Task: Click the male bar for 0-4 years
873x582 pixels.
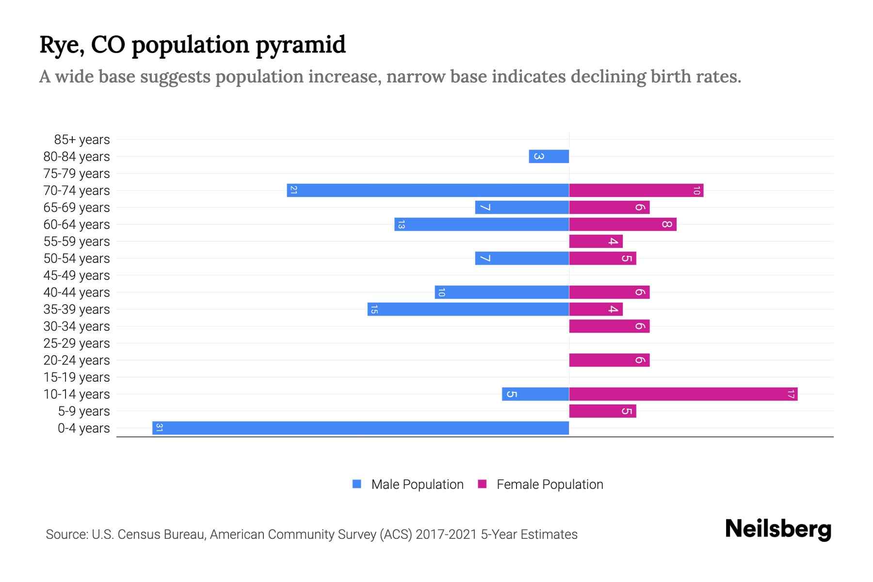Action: pyautogui.click(x=360, y=428)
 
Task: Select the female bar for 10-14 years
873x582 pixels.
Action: pyautogui.click(x=683, y=394)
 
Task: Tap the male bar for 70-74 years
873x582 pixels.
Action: pyautogui.click(x=428, y=190)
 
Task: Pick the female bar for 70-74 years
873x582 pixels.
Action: pyautogui.click(x=636, y=190)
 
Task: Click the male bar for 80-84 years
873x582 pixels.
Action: pyautogui.click(x=549, y=156)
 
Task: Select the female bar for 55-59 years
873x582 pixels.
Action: pyautogui.click(x=596, y=241)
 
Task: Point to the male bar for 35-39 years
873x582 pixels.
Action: pyautogui.click(x=468, y=309)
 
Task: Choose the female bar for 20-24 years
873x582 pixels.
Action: pyautogui.click(x=609, y=360)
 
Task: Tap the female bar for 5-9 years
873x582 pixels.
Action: pyautogui.click(x=602, y=411)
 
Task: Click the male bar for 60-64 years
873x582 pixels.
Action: pyautogui.click(x=482, y=224)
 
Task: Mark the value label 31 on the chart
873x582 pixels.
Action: pyautogui.click(x=159, y=428)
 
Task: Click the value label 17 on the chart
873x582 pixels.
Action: pyautogui.click(x=791, y=394)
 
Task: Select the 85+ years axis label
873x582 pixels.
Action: pyautogui.click(x=81, y=140)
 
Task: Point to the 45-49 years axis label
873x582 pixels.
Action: pyautogui.click(x=77, y=275)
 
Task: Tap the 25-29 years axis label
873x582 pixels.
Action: pyautogui.click(x=77, y=343)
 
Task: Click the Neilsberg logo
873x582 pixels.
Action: pyautogui.click(x=778, y=529)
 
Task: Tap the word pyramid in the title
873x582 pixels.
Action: pyautogui.click(x=300, y=45)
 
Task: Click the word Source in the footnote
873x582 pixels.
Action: pyautogui.click(x=66, y=534)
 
